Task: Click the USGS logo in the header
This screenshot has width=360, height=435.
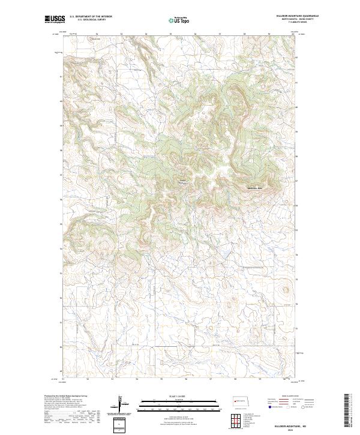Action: [55, 19]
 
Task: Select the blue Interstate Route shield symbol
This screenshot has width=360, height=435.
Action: [270, 407]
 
